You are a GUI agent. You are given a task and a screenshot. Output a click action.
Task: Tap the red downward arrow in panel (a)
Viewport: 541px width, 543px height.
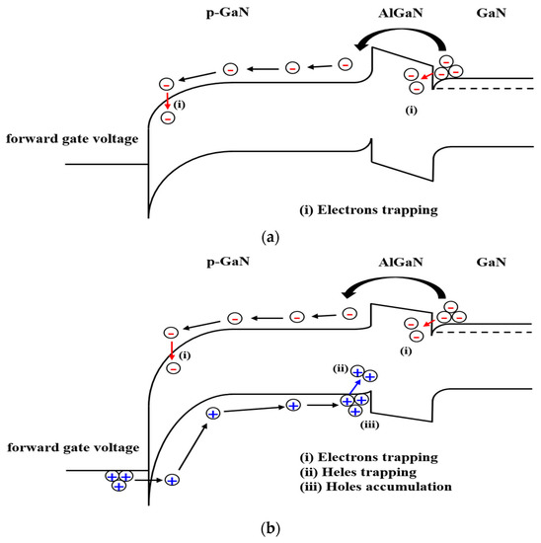pyautogui.click(x=168, y=102)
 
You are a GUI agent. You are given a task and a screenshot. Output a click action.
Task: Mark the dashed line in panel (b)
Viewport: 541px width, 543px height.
pyautogui.click(x=484, y=332)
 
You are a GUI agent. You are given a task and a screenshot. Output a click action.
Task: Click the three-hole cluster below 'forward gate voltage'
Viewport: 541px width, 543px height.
pyautogui.click(x=117, y=480)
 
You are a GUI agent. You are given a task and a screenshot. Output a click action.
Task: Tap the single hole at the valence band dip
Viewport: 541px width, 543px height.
pyautogui.click(x=172, y=479)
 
